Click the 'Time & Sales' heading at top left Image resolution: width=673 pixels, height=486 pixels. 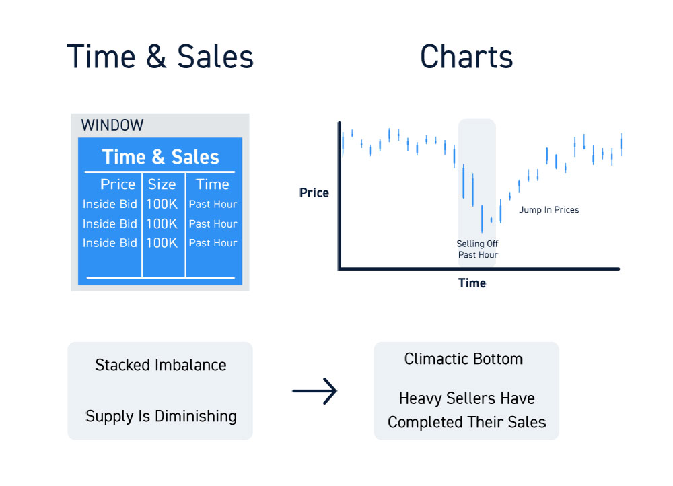160,57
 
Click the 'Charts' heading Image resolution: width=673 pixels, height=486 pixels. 466,57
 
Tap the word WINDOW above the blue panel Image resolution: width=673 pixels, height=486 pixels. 112,125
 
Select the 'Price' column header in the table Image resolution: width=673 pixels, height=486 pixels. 118,184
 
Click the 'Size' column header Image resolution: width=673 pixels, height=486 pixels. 162,184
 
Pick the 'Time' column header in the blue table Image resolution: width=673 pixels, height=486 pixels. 213,184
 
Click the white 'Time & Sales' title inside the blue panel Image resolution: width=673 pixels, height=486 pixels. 161,157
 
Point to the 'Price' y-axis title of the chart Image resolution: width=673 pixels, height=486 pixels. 314,193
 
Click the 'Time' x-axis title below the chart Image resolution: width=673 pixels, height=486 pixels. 472,283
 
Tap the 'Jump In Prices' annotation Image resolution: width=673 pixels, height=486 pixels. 549,209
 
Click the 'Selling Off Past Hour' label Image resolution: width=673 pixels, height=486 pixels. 477,249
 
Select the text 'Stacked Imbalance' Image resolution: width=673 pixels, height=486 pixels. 161,365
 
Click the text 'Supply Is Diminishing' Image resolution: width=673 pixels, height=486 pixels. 162,416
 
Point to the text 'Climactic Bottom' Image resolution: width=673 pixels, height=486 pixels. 464,359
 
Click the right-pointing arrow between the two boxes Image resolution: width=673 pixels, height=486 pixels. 314,390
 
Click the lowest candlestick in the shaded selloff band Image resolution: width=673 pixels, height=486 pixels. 482,219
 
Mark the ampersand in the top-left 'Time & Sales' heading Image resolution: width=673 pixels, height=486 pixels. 156,57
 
